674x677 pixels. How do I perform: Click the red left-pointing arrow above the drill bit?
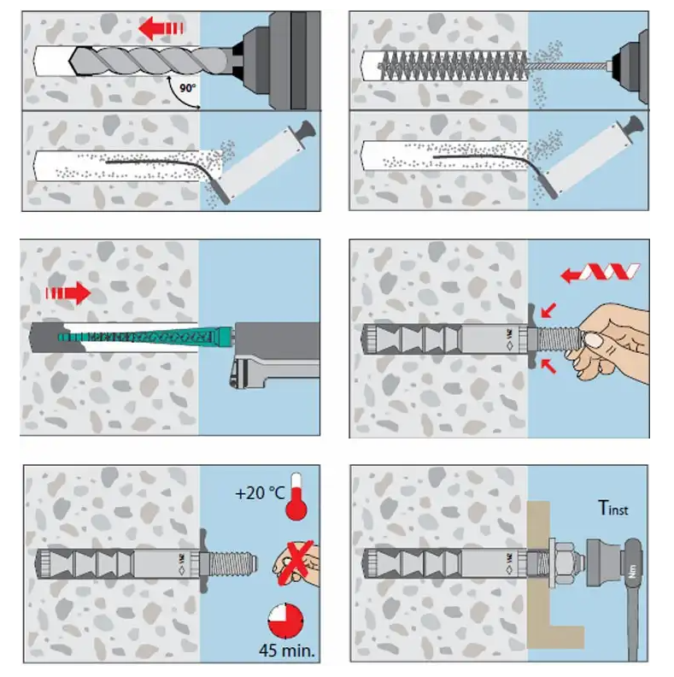[162, 29]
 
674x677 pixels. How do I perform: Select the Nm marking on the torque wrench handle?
[633, 574]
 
